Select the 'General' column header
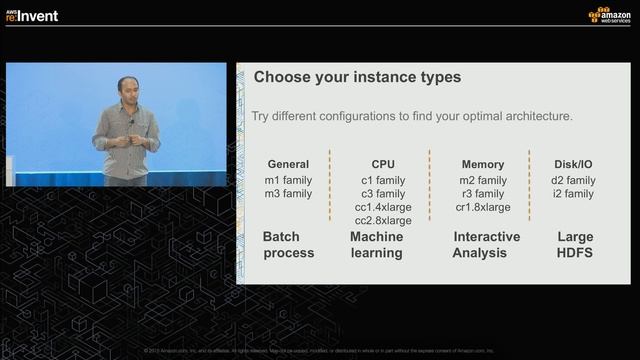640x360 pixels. click(x=288, y=164)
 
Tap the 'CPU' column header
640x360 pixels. click(x=383, y=164)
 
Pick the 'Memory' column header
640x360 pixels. click(x=483, y=164)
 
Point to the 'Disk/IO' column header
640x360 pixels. click(x=574, y=164)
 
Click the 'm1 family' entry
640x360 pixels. click(x=288, y=180)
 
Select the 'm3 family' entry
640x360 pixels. click(x=288, y=194)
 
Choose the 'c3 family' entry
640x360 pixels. click(x=383, y=194)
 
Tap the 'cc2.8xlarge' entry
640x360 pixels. click(x=383, y=221)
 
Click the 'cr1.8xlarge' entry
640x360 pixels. click(x=483, y=207)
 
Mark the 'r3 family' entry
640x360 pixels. click(x=483, y=194)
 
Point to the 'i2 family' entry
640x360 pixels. click(x=574, y=194)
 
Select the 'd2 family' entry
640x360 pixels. click(x=574, y=180)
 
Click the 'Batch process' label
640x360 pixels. click(x=288, y=245)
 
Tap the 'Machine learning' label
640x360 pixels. click(x=376, y=245)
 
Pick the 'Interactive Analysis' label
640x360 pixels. click(x=487, y=245)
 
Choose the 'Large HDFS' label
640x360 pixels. click(x=575, y=245)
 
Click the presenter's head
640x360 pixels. click(x=126, y=87)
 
